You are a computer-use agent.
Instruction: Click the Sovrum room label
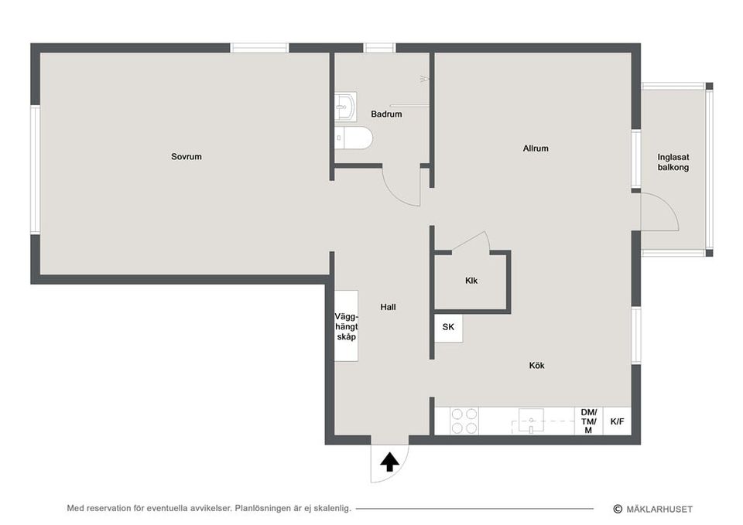point(187,157)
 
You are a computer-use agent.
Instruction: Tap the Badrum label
point(386,114)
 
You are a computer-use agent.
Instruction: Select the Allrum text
point(536,148)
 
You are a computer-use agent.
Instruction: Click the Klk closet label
point(471,281)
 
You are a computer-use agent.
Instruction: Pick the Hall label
point(389,307)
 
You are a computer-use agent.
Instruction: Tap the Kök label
point(537,366)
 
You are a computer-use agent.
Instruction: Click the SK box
point(448,328)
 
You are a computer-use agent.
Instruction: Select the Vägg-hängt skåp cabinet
point(346,326)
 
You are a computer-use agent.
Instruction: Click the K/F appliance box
point(617,421)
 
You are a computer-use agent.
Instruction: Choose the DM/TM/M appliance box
point(588,421)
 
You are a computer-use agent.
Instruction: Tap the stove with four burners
point(464,421)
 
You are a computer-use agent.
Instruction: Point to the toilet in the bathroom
point(355,138)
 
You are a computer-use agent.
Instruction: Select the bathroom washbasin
point(345,105)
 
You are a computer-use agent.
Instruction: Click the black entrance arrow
point(390,462)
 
